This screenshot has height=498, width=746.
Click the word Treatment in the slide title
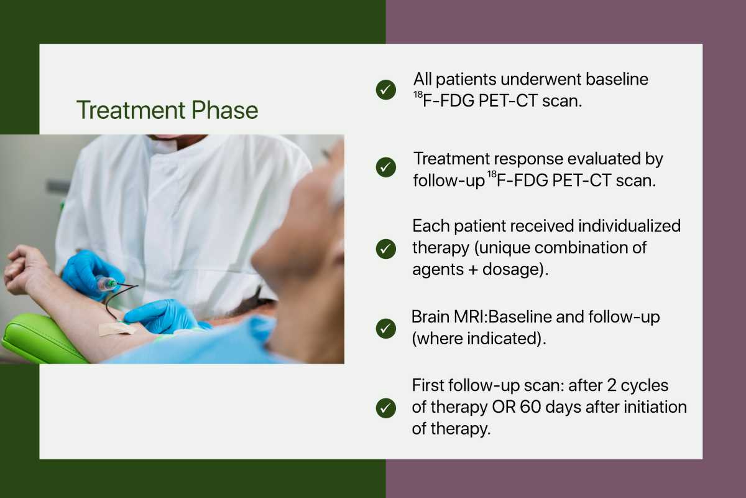(131, 110)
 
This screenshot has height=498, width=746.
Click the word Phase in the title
(225, 110)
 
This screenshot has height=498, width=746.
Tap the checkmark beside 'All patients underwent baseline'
(386, 90)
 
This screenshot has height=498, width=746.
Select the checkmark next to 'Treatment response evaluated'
(386, 167)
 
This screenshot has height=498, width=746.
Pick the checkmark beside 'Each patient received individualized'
(386, 249)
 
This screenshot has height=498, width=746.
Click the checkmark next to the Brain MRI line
(386, 329)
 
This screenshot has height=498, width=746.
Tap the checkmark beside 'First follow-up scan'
(386, 408)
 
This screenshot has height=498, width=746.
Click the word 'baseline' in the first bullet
(617, 80)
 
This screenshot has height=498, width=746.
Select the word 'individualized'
(630, 226)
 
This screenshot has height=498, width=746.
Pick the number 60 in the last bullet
(530, 407)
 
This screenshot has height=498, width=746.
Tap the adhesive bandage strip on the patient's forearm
(117, 328)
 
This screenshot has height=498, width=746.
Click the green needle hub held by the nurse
(109, 283)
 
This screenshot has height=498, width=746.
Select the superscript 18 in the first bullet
(418, 95)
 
